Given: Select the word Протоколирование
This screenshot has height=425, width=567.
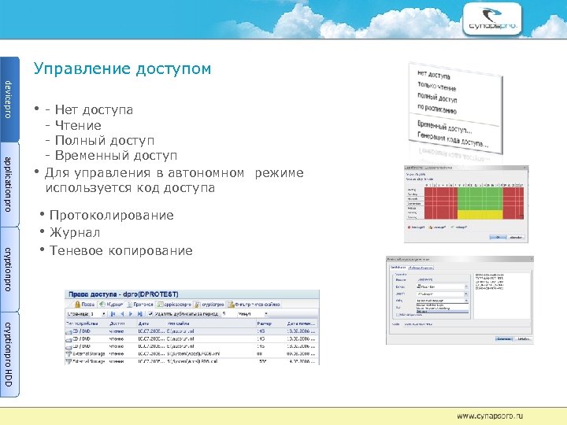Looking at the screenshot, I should pos(111,216).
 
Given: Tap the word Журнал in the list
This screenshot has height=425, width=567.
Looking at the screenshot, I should pos(75,233).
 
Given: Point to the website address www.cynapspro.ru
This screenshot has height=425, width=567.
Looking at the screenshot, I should pos(489,415).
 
